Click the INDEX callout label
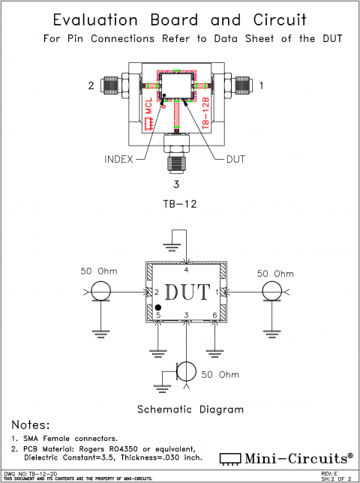tap(118, 159)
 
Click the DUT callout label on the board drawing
tap(235, 159)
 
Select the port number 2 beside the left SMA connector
tap(91, 86)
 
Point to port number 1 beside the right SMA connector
tap(262, 86)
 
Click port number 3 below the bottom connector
tap(177, 184)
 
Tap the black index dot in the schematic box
tap(159, 308)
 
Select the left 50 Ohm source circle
tap(100, 292)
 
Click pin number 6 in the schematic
tap(214, 314)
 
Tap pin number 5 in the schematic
tap(157, 316)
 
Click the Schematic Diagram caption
tap(190, 409)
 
